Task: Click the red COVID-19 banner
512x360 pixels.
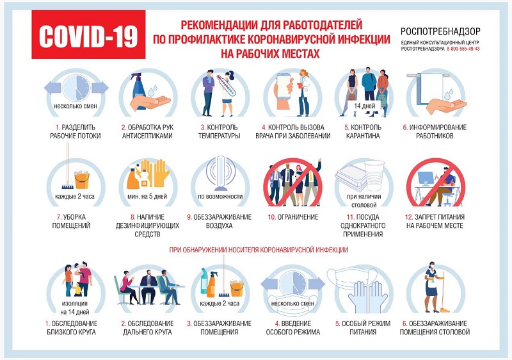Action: (x=88, y=35)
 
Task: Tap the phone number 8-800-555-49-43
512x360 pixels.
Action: (x=463, y=49)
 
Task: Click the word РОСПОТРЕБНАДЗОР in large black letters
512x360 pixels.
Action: (x=440, y=31)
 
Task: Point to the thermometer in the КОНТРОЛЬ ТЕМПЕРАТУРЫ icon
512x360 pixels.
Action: (x=227, y=85)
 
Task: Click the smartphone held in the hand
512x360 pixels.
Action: (x=284, y=86)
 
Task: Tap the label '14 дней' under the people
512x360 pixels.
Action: (x=364, y=106)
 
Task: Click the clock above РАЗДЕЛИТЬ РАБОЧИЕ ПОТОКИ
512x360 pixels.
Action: (x=76, y=88)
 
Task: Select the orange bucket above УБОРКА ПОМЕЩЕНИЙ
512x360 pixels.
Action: (x=82, y=180)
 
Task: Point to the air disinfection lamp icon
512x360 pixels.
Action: (x=221, y=173)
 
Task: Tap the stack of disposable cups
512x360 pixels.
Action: (x=374, y=176)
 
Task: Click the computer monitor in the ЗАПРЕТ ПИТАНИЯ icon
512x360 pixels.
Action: (x=426, y=179)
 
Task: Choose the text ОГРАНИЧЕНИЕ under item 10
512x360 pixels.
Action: (x=297, y=217)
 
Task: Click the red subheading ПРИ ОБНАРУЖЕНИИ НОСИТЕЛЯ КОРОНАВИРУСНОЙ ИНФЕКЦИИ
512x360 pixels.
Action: (x=259, y=250)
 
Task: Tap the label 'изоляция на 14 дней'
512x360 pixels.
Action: (x=75, y=307)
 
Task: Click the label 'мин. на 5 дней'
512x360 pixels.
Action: (x=147, y=196)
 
